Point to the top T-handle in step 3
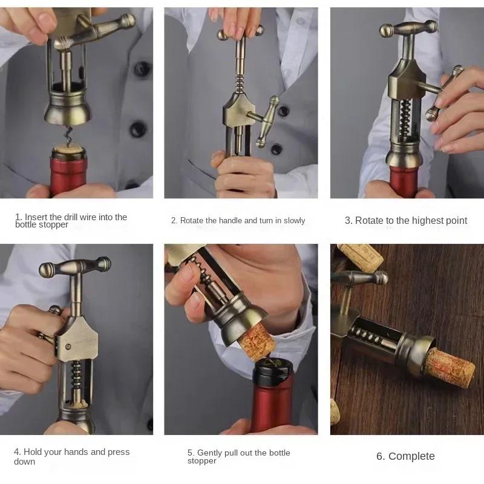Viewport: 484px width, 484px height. [408, 28]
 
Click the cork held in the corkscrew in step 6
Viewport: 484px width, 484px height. [449, 367]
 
